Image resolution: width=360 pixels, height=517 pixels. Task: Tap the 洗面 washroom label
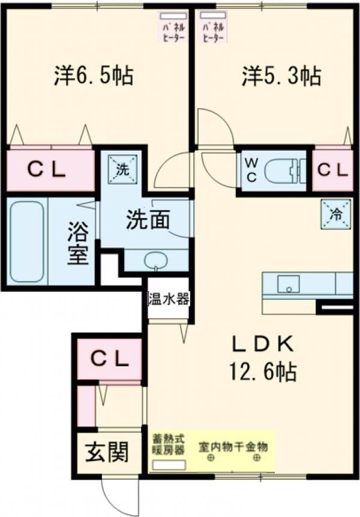[x=147, y=220]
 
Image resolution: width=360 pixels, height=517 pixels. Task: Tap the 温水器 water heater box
[x=169, y=298]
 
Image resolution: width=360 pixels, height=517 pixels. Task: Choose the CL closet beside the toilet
[x=332, y=170]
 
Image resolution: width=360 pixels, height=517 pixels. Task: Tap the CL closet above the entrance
[x=109, y=359]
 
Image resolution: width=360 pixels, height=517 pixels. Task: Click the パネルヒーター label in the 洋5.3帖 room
[x=214, y=28]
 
